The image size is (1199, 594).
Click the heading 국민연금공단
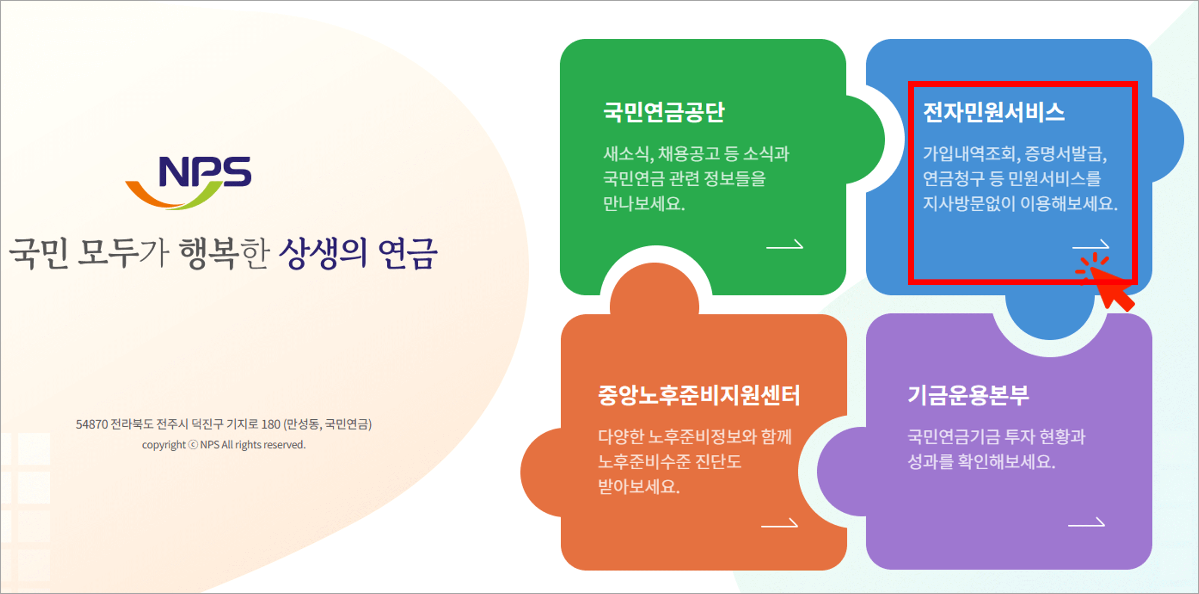coord(664,112)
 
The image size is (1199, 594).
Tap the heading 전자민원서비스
coord(994,112)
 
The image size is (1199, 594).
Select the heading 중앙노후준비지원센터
coord(699,395)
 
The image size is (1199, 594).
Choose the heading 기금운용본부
coord(968,395)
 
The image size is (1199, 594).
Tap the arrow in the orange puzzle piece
coord(779,524)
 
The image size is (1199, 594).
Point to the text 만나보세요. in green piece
coord(644,204)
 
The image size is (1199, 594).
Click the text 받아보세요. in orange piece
coord(639,487)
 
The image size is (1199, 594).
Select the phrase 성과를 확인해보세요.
coord(981,461)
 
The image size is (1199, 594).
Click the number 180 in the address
coord(271,424)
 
